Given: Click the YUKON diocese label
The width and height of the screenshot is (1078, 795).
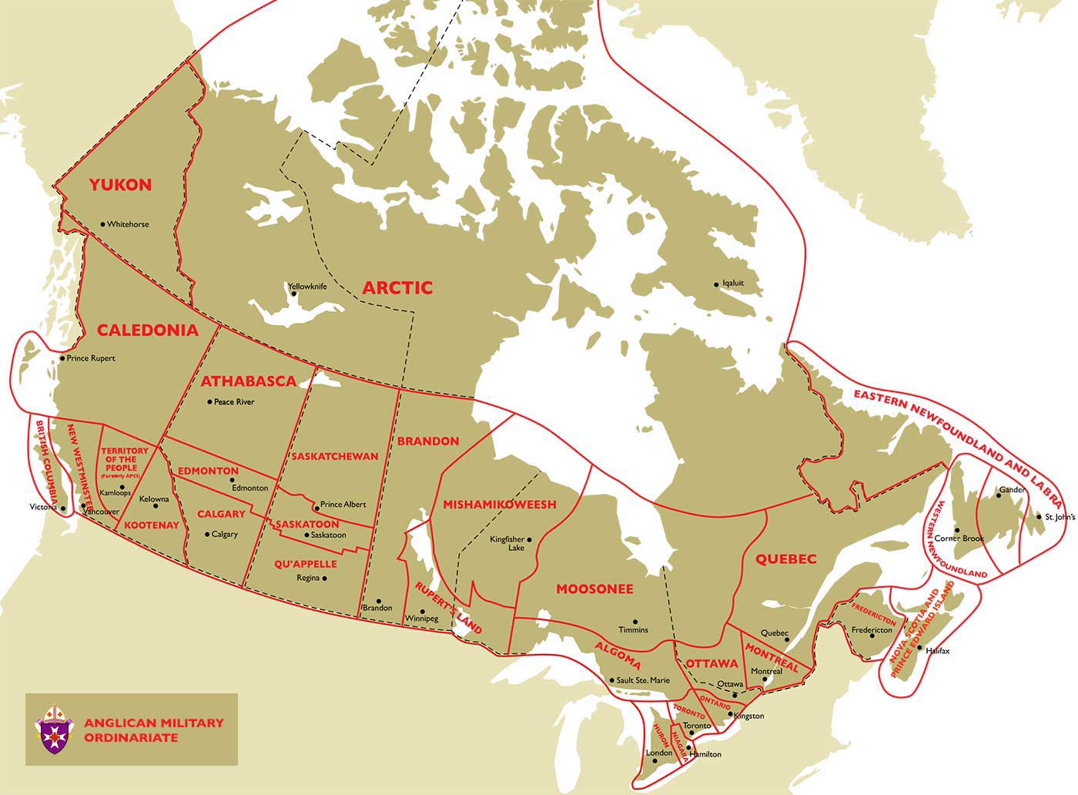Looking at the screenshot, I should [120, 185].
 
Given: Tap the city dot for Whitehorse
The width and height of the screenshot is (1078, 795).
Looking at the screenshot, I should [102, 224].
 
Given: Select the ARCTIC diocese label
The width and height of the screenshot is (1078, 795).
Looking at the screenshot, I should [397, 288].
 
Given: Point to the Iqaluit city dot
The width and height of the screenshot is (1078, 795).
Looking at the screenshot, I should [716, 283].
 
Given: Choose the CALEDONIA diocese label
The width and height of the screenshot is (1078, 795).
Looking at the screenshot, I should [148, 330].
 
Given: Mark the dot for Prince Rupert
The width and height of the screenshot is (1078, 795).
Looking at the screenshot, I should [62, 358].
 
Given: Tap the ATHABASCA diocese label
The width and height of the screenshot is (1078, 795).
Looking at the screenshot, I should [249, 381].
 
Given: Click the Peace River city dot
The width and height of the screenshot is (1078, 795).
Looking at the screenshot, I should [209, 402].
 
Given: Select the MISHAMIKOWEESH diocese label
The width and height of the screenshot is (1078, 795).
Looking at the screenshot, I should [499, 505].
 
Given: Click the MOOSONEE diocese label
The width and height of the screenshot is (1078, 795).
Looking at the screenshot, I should [594, 589].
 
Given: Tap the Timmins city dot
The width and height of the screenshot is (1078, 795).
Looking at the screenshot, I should [634, 622].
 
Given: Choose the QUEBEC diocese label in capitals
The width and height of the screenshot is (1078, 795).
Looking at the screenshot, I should [785, 559].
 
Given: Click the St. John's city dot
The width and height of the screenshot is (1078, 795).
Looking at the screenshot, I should [1038, 516].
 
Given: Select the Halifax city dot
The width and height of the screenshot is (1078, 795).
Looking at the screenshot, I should [919, 648].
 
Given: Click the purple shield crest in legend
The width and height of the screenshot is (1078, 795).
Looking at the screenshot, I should [55, 728].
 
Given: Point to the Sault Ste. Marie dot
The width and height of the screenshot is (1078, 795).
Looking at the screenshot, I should [611, 680].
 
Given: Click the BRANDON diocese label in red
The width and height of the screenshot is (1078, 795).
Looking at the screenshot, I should [427, 441].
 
